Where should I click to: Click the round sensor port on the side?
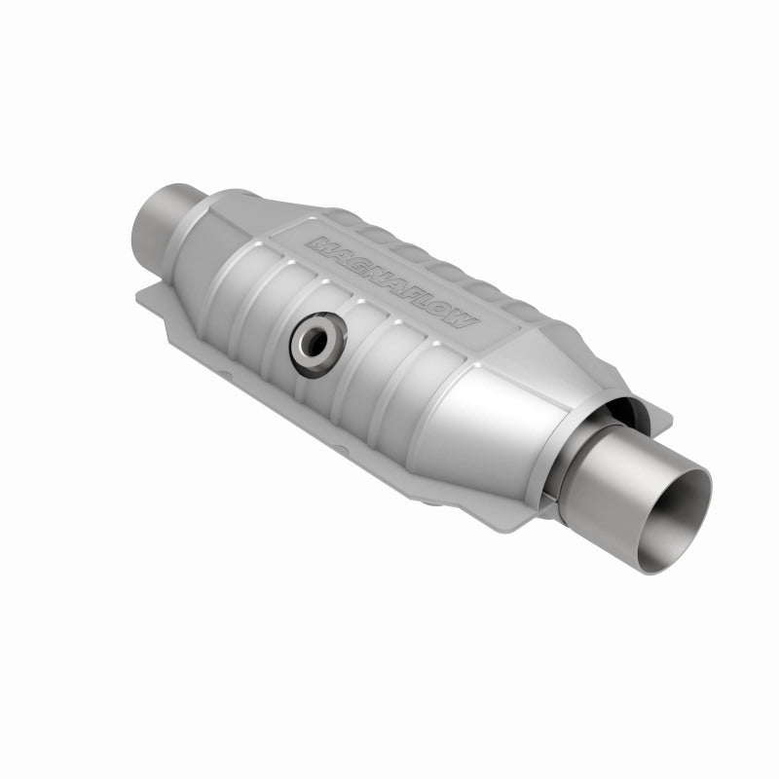tap(314, 340)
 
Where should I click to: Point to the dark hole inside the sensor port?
tap(314, 341)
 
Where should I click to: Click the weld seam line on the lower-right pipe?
tap(575, 478)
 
